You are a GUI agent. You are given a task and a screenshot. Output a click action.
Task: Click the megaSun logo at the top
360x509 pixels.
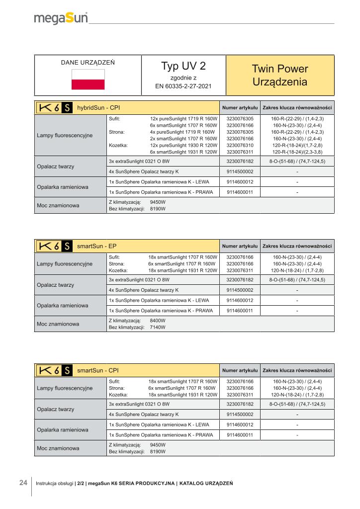coord(61,18)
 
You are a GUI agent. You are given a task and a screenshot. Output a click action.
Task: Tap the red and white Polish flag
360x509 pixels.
coord(88,80)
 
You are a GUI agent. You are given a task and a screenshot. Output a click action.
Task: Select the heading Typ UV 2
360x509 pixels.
coord(183,67)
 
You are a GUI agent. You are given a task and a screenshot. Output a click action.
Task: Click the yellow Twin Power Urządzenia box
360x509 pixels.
coord(279,75)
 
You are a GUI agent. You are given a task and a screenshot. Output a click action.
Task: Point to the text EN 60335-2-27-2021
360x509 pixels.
coord(183,86)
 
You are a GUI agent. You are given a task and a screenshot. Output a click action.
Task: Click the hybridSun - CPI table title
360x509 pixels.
coord(98,107)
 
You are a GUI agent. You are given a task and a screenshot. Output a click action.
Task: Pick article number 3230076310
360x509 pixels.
coord(240,145)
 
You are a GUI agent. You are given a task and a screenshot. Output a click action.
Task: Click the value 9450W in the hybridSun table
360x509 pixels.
coord(158,202)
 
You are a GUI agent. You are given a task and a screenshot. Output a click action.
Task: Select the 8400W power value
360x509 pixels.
coord(158,321)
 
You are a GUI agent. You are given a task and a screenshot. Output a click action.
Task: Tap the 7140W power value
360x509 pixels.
coord(158,328)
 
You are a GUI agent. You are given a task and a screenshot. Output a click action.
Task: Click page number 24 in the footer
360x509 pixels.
coord(23,483)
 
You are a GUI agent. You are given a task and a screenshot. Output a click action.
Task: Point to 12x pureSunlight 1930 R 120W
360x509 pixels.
coord(184,145)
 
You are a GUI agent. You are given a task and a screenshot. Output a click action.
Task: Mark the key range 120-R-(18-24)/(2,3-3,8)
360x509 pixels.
coord(297,152)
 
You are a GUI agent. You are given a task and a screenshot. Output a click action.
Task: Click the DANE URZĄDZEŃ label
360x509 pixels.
coord(88,63)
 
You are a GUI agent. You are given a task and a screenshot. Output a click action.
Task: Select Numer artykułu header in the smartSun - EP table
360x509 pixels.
coord(240,246)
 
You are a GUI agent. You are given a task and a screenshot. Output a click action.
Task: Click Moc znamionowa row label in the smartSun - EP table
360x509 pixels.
coord(58,324)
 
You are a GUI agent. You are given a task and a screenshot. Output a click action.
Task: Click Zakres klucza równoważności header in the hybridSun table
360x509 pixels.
coord(297,107)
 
